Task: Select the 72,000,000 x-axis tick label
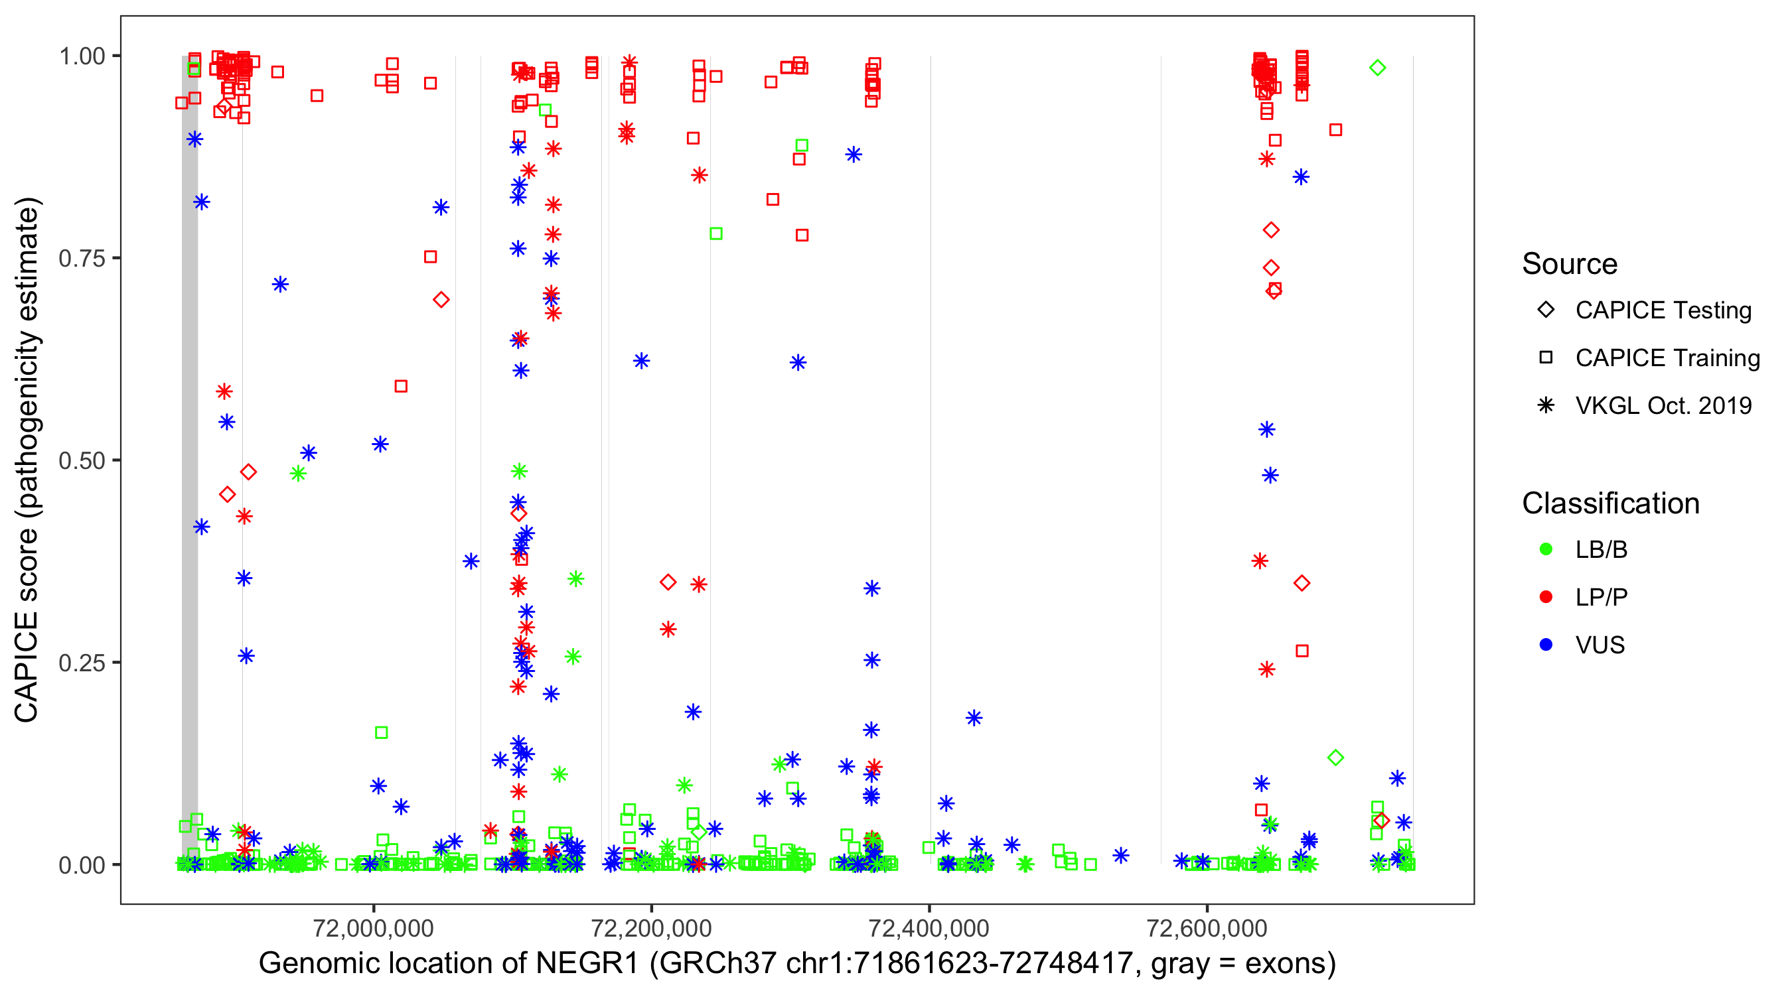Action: [374, 927]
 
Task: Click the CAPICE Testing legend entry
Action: [1663, 310]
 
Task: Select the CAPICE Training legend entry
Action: [1667, 358]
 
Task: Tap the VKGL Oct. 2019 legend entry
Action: [1663, 406]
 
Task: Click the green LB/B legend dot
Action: [1546, 549]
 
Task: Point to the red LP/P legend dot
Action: [1546, 597]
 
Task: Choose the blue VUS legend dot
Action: [1546, 645]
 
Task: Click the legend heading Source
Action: [1570, 264]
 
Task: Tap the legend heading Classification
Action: [1610, 503]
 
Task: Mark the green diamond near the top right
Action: [1377, 68]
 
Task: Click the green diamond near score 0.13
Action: [1335, 758]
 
